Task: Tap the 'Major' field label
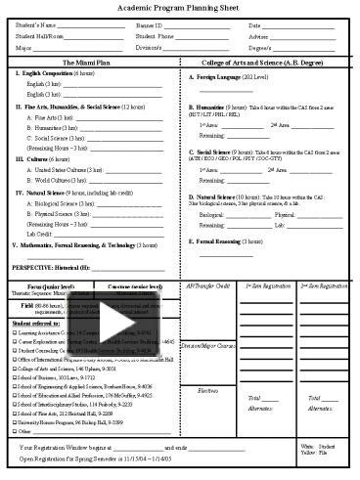pos(25,47)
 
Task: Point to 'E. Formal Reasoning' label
pos(226,240)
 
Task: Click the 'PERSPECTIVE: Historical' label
pos(51,266)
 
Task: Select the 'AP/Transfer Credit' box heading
pos(207,285)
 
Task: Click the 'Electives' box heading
pos(207,363)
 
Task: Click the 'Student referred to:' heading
pos(34,322)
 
